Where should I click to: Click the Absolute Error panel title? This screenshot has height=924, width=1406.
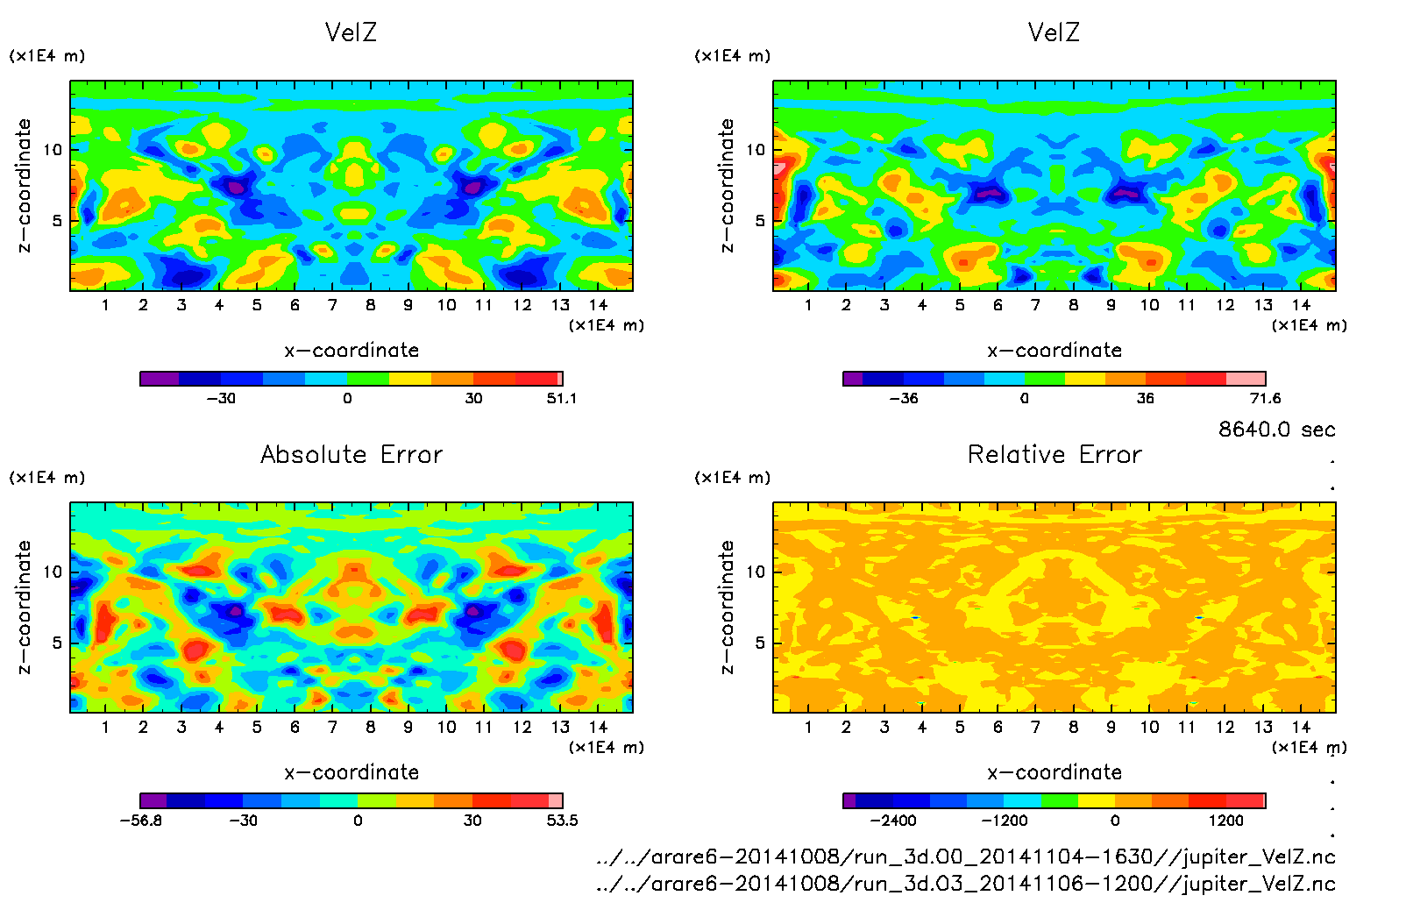[351, 454]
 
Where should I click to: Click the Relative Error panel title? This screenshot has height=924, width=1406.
[1054, 454]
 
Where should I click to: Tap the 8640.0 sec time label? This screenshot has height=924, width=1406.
[1276, 430]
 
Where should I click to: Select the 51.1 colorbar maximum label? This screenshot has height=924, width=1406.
[561, 399]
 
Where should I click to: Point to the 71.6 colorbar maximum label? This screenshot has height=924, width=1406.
[1265, 399]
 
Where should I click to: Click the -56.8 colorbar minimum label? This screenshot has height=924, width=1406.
[140, 821]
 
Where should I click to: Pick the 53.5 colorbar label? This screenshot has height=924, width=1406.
[561, 821]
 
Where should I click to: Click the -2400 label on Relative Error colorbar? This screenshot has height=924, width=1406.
[892, 821]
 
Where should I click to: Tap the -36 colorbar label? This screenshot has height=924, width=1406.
[903, 399]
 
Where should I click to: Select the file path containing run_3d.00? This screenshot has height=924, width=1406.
[965, 856]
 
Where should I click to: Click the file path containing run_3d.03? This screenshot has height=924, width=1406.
[965, 884]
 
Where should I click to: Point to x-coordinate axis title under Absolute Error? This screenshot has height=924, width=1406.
[351, 772]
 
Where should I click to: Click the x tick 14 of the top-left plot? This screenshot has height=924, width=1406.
[598, 305]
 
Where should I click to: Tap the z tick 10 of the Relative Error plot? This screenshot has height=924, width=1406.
[756, 572]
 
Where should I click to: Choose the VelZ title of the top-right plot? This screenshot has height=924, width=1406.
[1054, 32]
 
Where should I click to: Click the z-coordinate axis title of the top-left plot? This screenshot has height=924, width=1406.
[24, 186]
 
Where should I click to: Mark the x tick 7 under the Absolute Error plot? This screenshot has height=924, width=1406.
[332, 728]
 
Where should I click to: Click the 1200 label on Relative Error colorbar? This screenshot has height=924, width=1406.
[1225, 821]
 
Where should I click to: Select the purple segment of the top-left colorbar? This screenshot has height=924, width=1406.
[160, 379]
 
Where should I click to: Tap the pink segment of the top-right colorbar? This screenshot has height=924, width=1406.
[1246, 379]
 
